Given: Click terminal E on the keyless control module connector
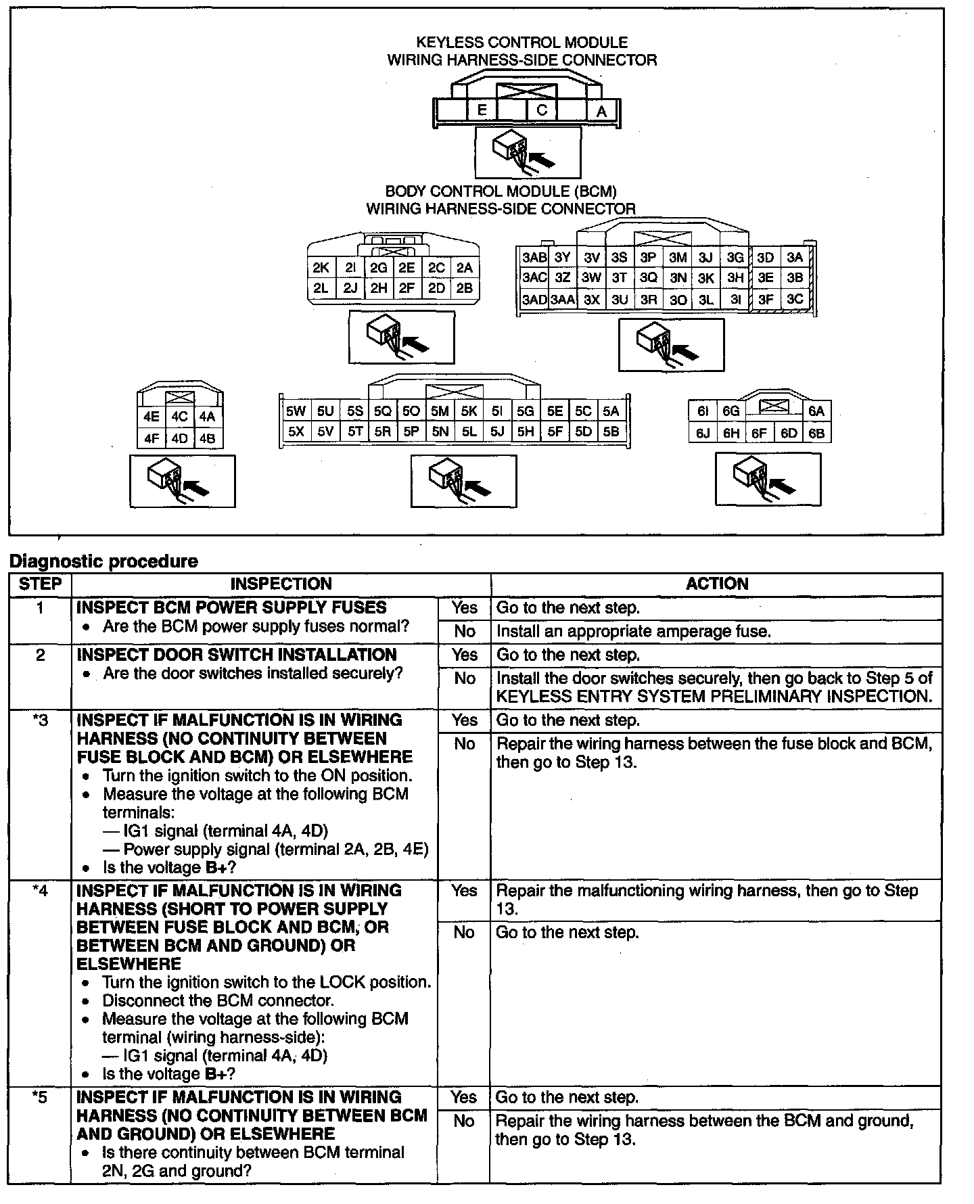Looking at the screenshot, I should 482,110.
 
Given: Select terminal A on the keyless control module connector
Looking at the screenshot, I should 601,111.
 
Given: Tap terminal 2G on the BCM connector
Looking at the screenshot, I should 378,268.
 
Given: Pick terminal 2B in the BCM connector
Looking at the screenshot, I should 464,288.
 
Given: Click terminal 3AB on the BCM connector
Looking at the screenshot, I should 534,258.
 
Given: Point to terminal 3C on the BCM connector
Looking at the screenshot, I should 795,299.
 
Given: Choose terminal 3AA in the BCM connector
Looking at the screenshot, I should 563,300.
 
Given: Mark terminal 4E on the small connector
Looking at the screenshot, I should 152,417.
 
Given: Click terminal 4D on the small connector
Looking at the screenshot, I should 179,438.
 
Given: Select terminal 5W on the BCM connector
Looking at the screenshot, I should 296,411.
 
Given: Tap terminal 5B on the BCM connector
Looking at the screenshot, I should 611,432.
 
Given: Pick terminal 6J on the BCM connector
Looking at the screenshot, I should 703,434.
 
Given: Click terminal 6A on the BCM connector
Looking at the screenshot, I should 816,411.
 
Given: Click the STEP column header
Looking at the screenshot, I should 40,584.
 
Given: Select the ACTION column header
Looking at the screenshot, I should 717,584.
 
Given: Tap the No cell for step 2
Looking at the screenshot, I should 465,678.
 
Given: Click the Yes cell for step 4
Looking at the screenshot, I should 465,891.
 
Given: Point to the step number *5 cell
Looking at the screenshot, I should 40,1097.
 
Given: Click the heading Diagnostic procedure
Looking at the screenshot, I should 103,561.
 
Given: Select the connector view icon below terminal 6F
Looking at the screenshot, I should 768,480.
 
